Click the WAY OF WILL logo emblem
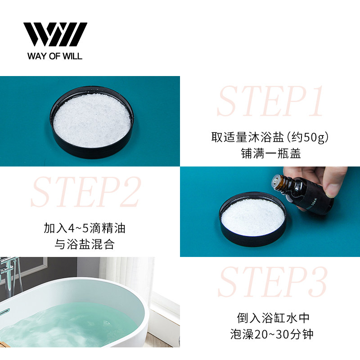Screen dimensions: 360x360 55,34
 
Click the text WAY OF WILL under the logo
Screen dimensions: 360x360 55,57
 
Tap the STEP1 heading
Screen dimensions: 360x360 270,101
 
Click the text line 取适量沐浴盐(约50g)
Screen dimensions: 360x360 270,137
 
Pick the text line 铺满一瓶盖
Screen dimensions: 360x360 270,154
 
